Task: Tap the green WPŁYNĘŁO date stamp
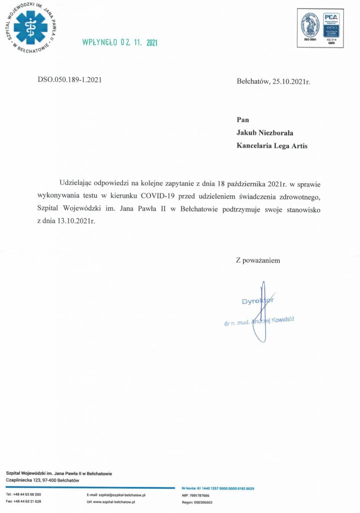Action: click(119, 43)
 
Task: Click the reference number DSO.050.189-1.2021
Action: click(70, 80)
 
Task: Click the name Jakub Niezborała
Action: click(266, 133)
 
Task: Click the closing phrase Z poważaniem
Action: click(258, 261)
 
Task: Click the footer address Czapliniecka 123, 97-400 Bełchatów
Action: click(40, 480)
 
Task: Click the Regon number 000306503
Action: click(202, 502)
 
